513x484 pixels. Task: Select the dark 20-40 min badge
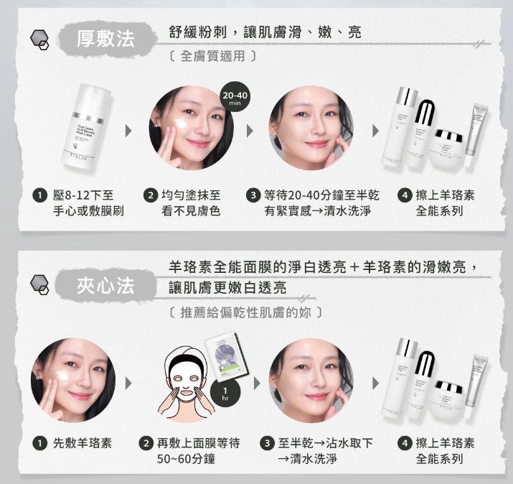click(x=235, y=98)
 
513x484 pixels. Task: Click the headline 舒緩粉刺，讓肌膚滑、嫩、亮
click(x=265, y=32)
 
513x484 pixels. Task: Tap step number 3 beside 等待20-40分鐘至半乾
click(x=253, y=195)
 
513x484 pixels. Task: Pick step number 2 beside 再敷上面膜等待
click(x=146, y=443)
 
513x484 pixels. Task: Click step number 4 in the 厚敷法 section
click(x=405, y=195)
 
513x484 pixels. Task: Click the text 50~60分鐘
click(x=185, y=459)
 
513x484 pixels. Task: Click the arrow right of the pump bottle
click(x=128, y=131)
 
